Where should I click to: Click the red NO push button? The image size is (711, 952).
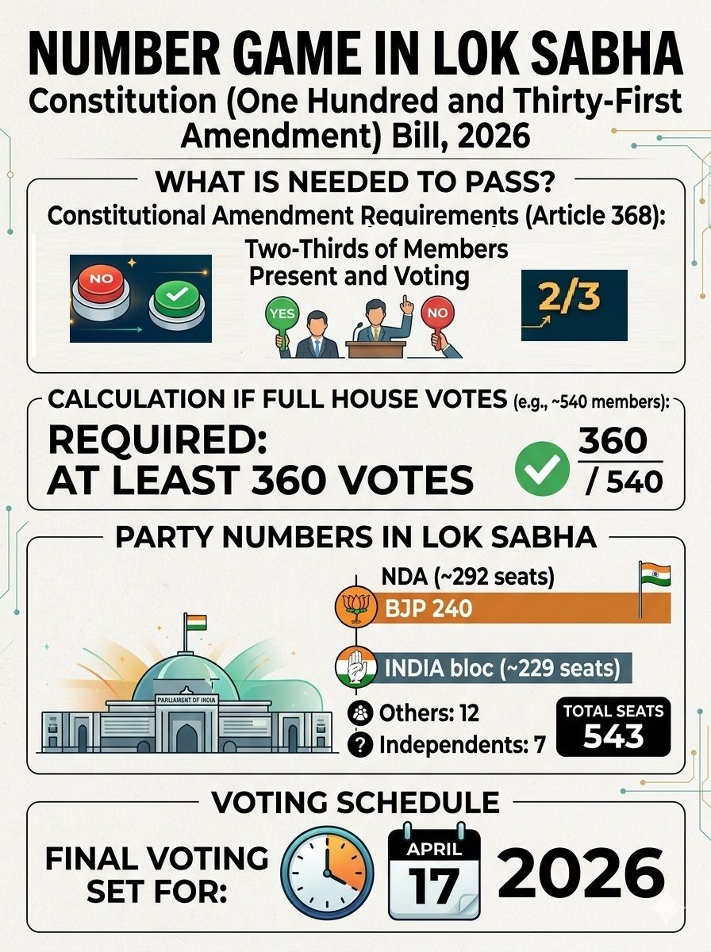point(101,281)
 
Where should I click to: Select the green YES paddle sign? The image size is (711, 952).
point(282,315)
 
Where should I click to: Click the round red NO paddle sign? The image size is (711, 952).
point(436,313)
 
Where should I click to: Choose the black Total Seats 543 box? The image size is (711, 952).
point(613,726)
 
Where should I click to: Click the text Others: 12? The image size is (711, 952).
point(429,712)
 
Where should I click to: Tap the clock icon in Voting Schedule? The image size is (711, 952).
point(327,872)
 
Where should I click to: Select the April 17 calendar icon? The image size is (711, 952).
point(433,872)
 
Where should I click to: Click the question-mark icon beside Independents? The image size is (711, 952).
point(361,745)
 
